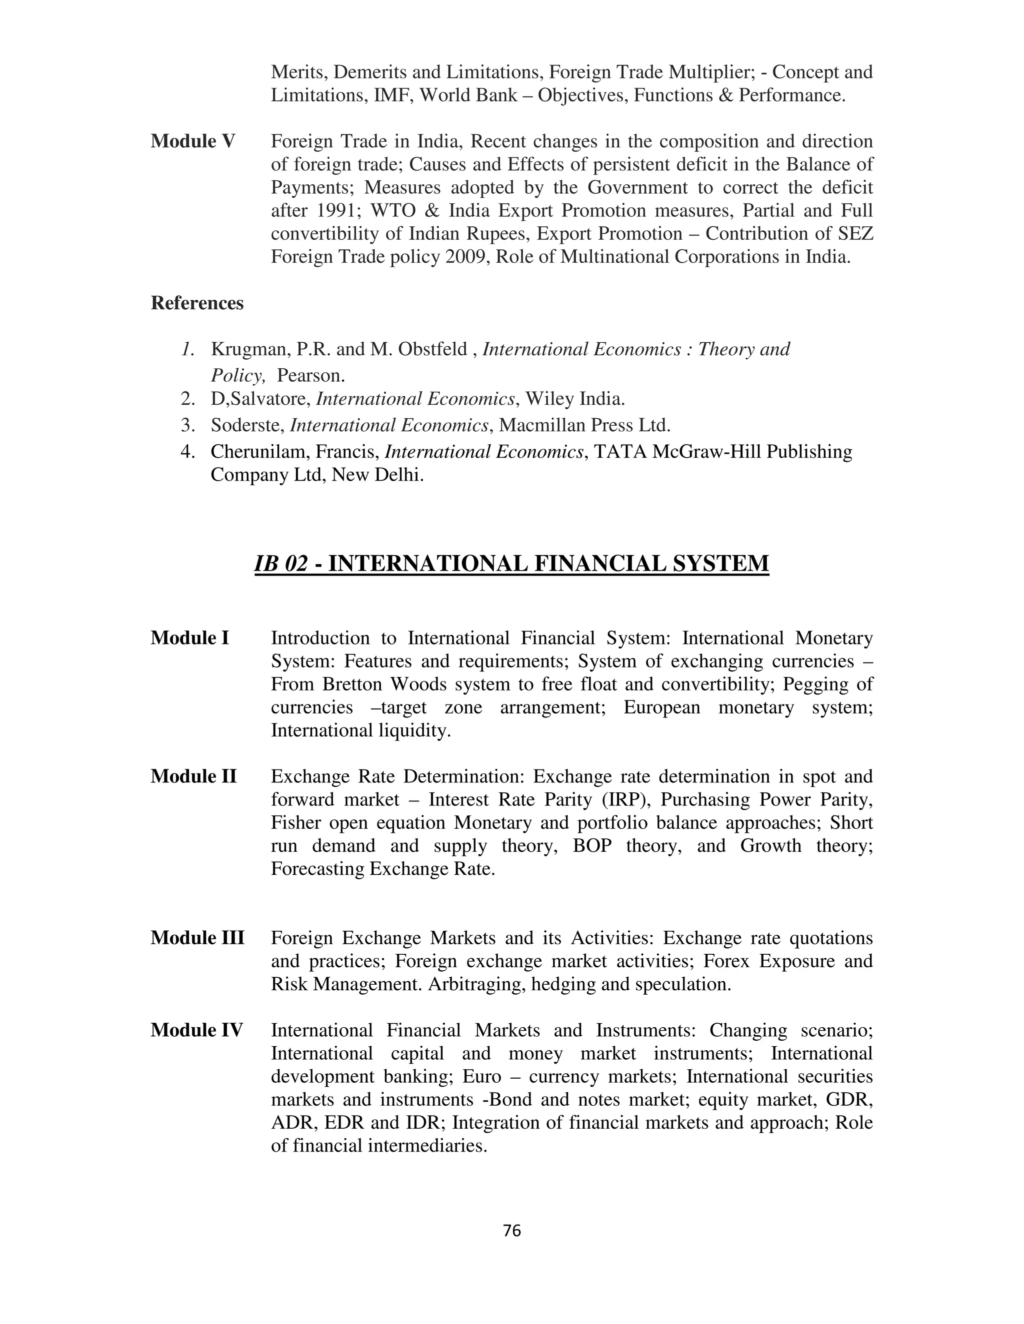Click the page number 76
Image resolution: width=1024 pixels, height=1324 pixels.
point(512,1230)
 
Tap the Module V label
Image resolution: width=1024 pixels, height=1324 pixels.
point(193,141)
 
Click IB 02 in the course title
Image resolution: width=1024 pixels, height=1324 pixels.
point(281,563)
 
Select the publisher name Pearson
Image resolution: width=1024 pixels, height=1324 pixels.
point(310,376)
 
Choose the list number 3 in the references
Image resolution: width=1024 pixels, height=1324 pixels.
point(187,426)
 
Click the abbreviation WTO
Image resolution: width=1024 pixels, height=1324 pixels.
point(392,210)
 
